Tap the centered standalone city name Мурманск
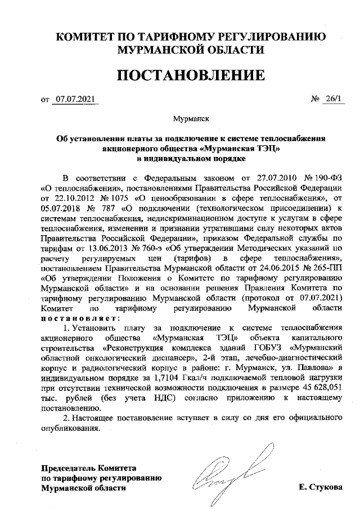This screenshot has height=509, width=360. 191,119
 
